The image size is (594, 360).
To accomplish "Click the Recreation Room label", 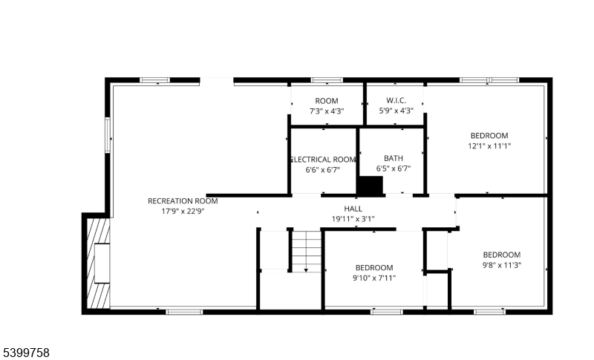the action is pos(183,201).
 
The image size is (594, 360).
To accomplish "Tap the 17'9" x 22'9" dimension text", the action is pos(183,212).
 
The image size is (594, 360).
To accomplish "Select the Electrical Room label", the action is pos(323,160).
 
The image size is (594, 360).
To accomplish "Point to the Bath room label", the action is pos(394,158).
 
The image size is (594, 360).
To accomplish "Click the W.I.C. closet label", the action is pos(396,101).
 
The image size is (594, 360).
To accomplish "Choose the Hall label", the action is pos(353,209).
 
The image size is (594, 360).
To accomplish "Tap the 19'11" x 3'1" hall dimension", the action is pos(353,219).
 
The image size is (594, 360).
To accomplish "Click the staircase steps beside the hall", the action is pos(307,252).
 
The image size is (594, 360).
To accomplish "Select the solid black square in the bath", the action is pos(370,186).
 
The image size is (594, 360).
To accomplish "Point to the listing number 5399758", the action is pos(25,353).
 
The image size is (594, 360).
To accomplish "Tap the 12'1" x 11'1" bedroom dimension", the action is pos(489,146).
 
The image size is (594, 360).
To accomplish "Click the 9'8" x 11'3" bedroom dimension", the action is pos(502,266).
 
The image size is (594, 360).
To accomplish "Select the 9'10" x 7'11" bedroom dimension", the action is pos(374,278).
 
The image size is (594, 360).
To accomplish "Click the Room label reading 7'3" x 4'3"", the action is pos(327,101).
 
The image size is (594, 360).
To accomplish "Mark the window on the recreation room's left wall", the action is pos(108,136).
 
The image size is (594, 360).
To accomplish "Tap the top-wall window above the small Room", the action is pos(327,80).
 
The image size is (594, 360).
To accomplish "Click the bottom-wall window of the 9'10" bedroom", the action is pos(386,312).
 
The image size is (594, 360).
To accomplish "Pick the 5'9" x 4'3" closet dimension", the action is pos(396,111).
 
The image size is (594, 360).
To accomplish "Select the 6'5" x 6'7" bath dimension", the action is pos(394,168).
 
